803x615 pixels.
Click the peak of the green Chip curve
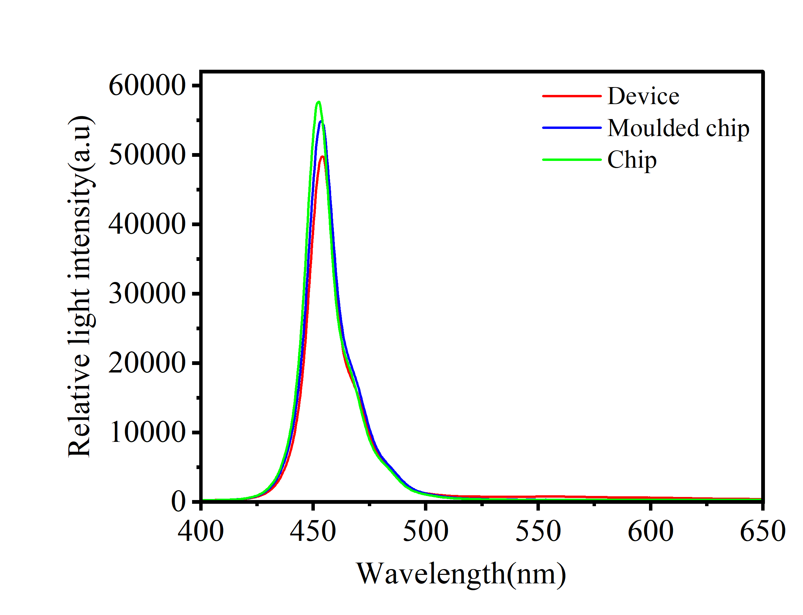click(x=319, y=102)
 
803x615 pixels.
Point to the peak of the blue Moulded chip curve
click(x=321, y=121)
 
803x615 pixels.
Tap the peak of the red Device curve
click(x=322, y=157)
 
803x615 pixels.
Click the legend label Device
click(x=643, y=96)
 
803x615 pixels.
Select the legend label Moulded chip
click(x=678, y=128)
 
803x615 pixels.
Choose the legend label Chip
click(x=632, y=160)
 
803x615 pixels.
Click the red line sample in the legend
click(x=571, y=96)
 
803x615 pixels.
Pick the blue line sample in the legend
click(x=571, y=128)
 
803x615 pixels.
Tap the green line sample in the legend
click(x=571, y=160)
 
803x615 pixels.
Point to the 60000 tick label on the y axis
click(x=147, y=86)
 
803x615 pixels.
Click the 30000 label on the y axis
click(x=147, y=294)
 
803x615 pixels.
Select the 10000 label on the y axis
click(x=147, y=432)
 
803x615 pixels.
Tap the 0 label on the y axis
click(x=178, y=502)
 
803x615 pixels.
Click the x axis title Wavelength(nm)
click(x=461, y=574)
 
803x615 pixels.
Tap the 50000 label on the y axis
click(x=147, y=155)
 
